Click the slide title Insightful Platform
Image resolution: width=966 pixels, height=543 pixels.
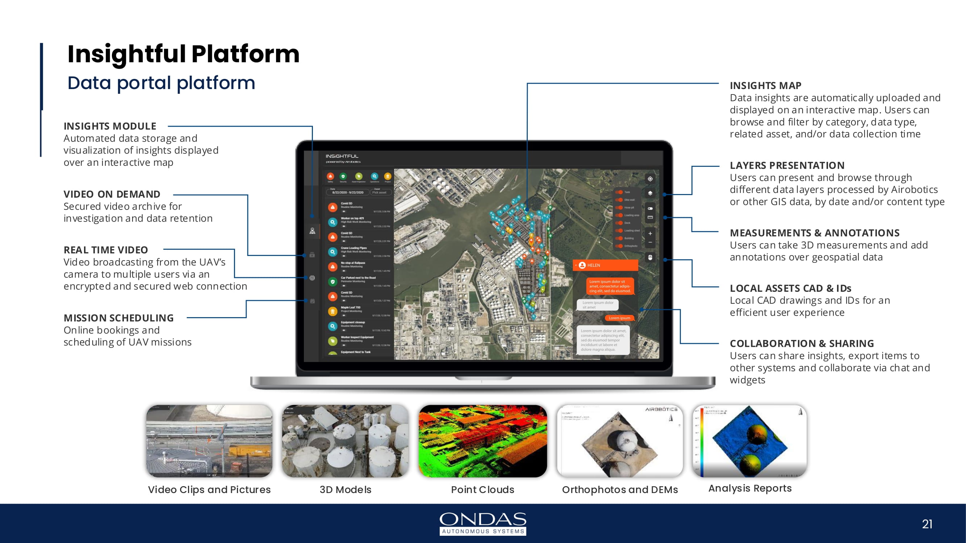pos(183,54)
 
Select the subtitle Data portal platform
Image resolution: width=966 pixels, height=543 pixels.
pos(161,83)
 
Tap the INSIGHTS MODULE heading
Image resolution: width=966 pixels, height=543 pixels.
pos(110,126)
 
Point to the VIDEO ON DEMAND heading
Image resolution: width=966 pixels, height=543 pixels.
pos(112,194)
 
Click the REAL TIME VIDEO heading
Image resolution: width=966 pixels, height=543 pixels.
pos(106,250)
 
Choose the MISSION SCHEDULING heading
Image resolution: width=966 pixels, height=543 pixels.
pos(118,318)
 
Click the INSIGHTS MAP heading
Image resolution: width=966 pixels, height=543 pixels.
pos(765,86)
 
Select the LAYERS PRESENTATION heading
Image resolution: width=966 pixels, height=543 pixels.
pos(787,165)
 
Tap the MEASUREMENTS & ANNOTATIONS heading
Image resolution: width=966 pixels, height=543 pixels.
pos(815,233)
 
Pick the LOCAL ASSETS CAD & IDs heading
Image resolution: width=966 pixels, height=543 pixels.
pos(790,288)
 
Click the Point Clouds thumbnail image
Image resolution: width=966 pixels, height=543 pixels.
pos(482,441)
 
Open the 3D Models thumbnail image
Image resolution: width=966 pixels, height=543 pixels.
pos(346,441)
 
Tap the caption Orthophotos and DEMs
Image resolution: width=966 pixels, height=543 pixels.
pos(620,489)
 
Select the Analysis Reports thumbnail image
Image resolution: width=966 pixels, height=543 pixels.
pos(750,441)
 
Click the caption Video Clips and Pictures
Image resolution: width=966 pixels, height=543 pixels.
pos(209,489)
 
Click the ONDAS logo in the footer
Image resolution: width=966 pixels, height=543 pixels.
pos(482,523)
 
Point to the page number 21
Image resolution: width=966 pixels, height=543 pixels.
pos(927,524)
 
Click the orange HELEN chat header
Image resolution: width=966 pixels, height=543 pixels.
pos(605,265)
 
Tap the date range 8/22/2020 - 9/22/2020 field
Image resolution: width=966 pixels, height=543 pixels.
pos(348,192)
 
